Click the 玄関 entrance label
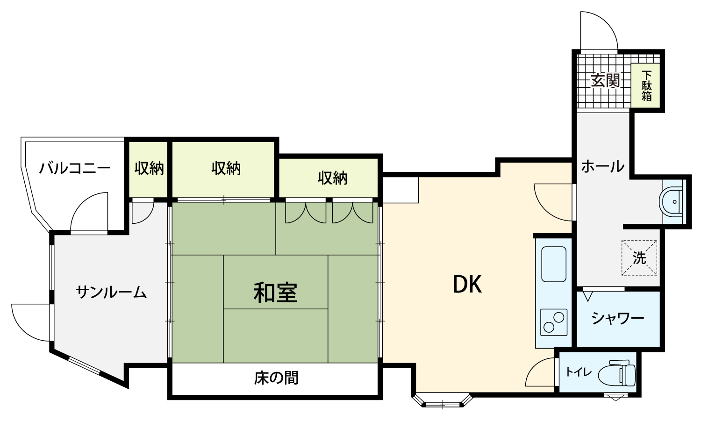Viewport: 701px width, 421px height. (x=605, y=81)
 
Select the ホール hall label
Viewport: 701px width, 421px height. (x=603, y=166)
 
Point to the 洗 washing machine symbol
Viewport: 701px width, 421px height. (x=639, y=257)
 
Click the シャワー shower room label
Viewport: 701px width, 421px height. (x=618, y=318)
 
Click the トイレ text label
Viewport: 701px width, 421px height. (x=579, y=372)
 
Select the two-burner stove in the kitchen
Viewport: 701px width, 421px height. (x=554, y=322)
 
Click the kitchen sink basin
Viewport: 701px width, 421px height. (x=554, y=264)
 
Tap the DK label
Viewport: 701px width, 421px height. (x=467, y=284)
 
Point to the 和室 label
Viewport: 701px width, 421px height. (x=275, y=293)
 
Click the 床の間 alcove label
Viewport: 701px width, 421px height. (x=276, y=378)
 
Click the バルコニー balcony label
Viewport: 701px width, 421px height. (x=75, y=168)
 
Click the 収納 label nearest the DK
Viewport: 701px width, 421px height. (x=333, y=178)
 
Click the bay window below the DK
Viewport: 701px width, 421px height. (x=442, y=400)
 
